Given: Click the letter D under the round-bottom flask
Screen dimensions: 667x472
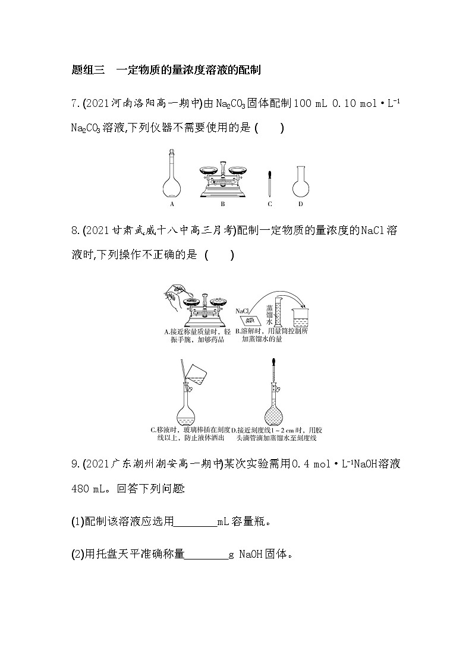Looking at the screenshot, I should [x=301, y=204].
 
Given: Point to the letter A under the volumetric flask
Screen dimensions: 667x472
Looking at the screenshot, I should [x=171, y=204].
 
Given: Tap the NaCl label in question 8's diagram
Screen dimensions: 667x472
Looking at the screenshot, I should [x=242, y=311].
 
